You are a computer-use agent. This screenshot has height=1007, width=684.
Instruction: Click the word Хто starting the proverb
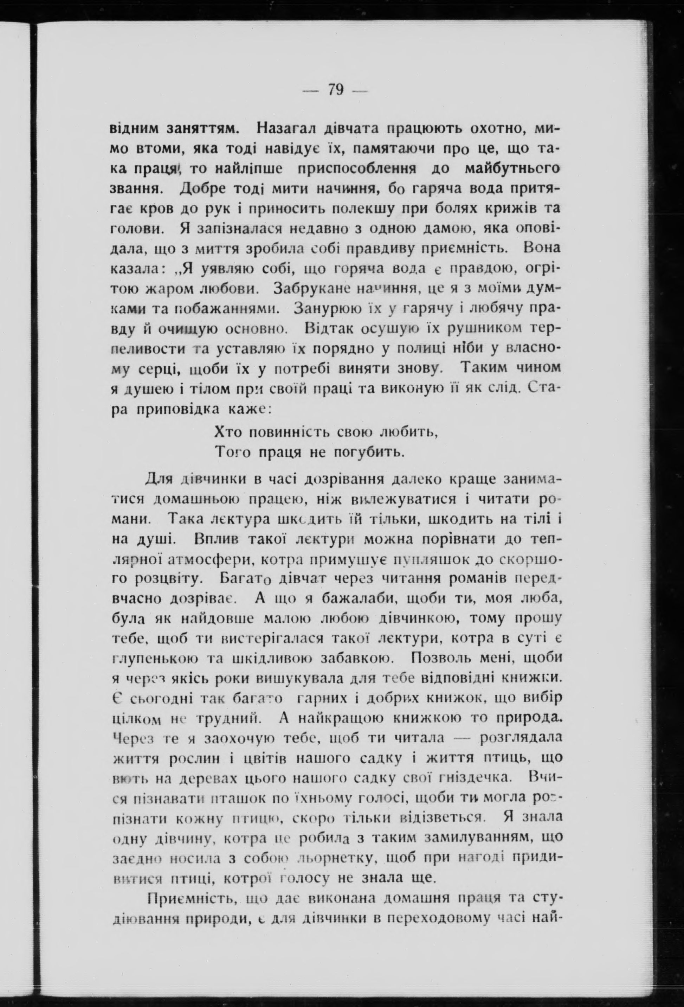(x=229, y=432)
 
